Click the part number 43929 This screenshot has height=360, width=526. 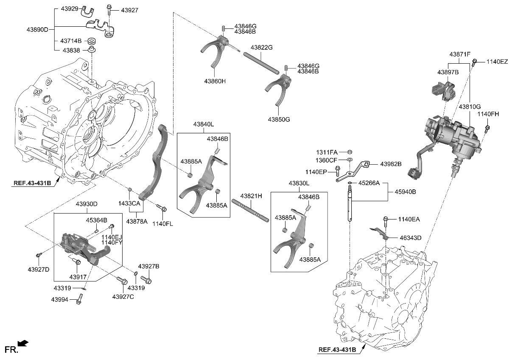click(69, 8)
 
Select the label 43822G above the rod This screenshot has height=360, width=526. click(261, 48)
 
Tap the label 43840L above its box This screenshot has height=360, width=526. click(204, 124)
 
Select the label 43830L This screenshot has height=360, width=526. click(299, 183)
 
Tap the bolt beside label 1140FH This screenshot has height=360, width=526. click(487, 127)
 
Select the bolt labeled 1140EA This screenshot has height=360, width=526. click(386, 220)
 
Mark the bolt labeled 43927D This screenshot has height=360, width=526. click(39, 255)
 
